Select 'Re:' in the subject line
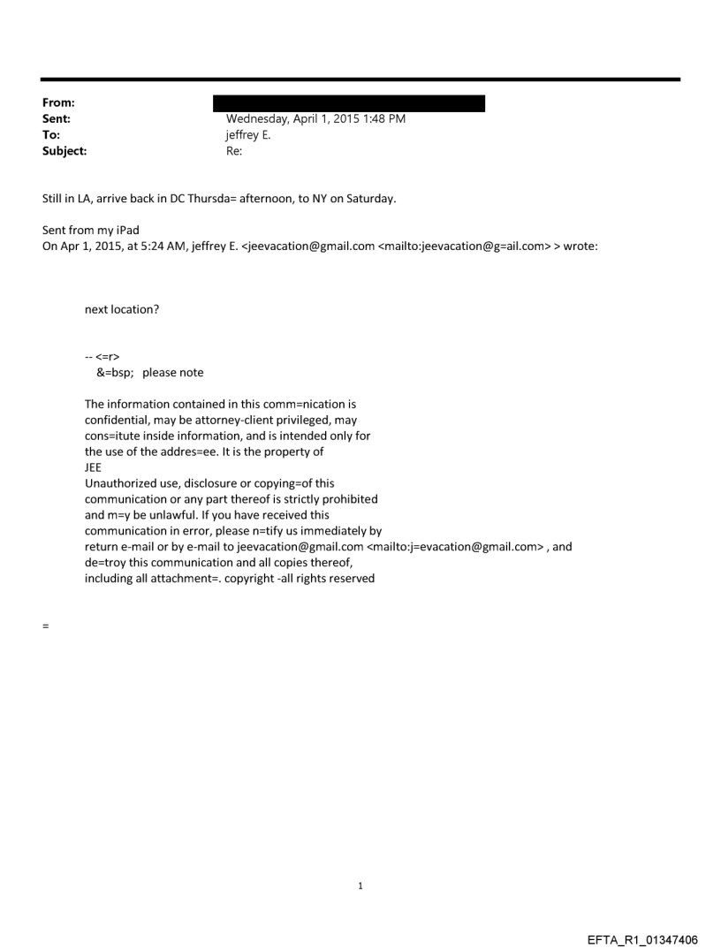(234, 151)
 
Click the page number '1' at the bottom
(360, 885)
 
